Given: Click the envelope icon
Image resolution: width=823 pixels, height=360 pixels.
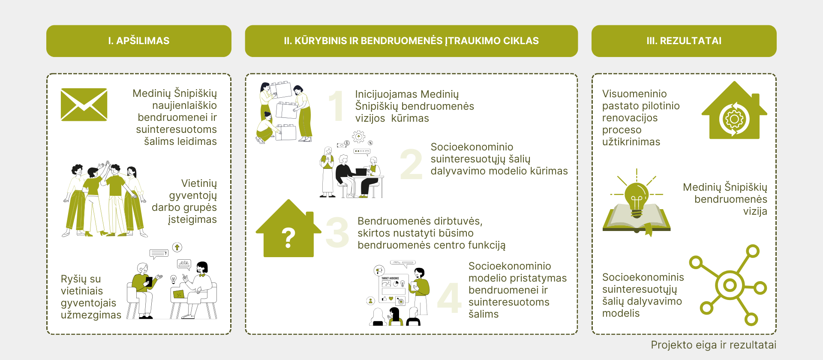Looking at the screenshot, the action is [x=84, y=105].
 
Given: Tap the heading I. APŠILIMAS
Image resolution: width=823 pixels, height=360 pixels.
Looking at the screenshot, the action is [x=139, y=41].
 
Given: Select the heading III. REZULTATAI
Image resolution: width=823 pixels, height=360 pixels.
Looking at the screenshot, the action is [x=684, y=41].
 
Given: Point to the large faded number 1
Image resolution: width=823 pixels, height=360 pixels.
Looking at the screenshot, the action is [x=336, y=105].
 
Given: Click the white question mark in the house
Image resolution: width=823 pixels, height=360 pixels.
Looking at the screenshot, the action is [x=288, y=238].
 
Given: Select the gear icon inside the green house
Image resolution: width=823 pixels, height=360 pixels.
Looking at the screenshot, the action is [x=734, y=119].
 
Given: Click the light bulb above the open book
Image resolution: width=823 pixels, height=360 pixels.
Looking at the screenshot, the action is [x=637, y=199].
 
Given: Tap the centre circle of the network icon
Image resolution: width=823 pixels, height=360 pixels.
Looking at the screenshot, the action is [x=730, y=285].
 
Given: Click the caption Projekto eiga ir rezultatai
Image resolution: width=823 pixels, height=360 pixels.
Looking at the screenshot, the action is [x=714, y=345].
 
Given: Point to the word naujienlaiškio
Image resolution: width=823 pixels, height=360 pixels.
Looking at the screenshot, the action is [x=184, y=105].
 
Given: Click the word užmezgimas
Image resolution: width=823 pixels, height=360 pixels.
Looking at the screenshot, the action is [x=91, y=315].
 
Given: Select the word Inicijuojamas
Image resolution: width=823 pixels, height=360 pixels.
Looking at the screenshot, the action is [x=386, y=94].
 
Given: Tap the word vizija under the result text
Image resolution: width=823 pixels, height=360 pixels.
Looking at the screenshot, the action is [x=755, y=211].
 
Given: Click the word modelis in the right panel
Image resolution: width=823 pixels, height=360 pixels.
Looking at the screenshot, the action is [x=621, y=313].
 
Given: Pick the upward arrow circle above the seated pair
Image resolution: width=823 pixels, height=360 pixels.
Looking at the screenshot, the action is [x=177, y=247].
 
